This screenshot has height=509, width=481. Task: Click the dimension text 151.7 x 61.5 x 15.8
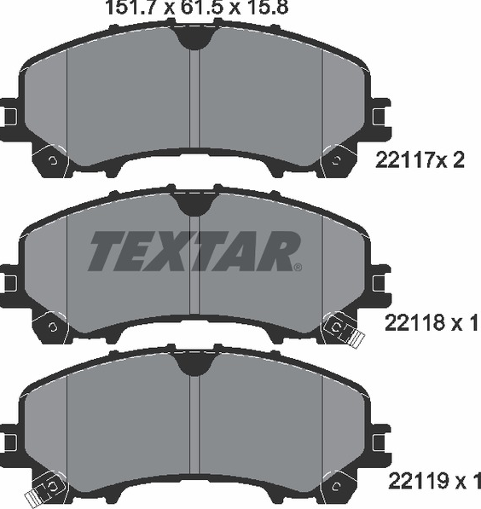[197, 7]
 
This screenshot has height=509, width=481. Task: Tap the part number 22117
[406, 160]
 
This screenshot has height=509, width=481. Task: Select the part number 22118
[415, 323]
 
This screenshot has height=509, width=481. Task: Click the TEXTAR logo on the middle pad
[194, 251]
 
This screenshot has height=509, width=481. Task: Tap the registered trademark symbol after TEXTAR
[298, 267]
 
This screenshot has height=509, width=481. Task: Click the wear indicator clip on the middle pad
[344, 329]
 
